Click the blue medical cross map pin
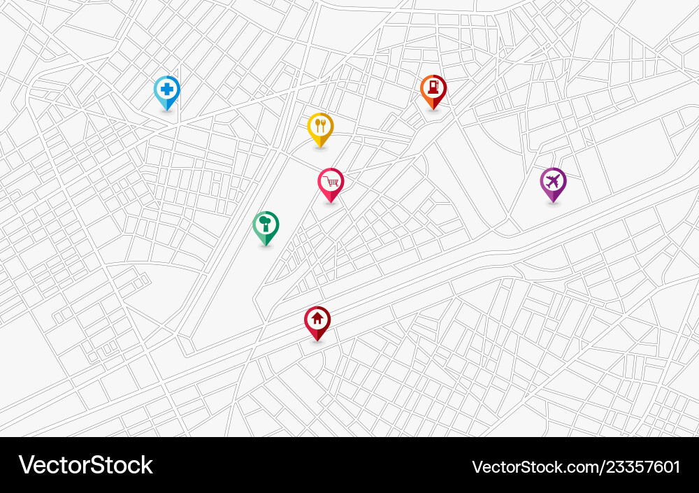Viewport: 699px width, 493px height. point(166,92)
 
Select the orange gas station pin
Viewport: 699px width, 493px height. point(433,90)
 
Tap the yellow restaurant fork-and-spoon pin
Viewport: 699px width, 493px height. point(320,128)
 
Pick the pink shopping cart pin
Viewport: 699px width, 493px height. point(331,183)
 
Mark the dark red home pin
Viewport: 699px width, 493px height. point(317,322)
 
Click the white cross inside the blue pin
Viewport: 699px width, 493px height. point(166,89)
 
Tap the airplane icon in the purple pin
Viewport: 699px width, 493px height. point(553,181)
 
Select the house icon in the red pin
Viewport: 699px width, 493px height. point(317,319)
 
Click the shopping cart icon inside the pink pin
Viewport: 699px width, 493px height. point(331,181)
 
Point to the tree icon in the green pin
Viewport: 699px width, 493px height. point(266,224)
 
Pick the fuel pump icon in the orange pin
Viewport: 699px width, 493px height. point(433,87)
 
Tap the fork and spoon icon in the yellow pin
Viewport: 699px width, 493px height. point(320,126)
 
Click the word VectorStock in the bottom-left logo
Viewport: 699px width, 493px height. point(86,465)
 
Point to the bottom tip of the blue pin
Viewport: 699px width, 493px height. point(166,110)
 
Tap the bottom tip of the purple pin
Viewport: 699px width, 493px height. point(553,203)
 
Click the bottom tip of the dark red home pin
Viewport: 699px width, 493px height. point(317,341)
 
